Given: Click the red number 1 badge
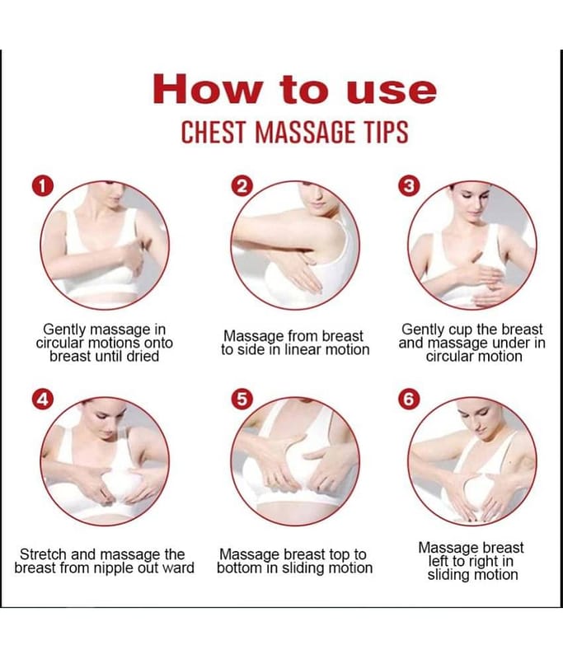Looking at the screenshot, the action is (43, 187).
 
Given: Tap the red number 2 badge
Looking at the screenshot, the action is (242, 187).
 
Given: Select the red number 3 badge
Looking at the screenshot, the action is (409, 187).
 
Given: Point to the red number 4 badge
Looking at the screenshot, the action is (43, 400).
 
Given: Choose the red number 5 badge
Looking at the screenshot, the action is (242, 400).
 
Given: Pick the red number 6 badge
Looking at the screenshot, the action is (409, 400).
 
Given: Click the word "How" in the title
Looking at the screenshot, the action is (208, 89).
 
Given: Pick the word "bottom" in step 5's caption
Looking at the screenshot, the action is (239, 568).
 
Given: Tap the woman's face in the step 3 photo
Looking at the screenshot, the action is (474, 200).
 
